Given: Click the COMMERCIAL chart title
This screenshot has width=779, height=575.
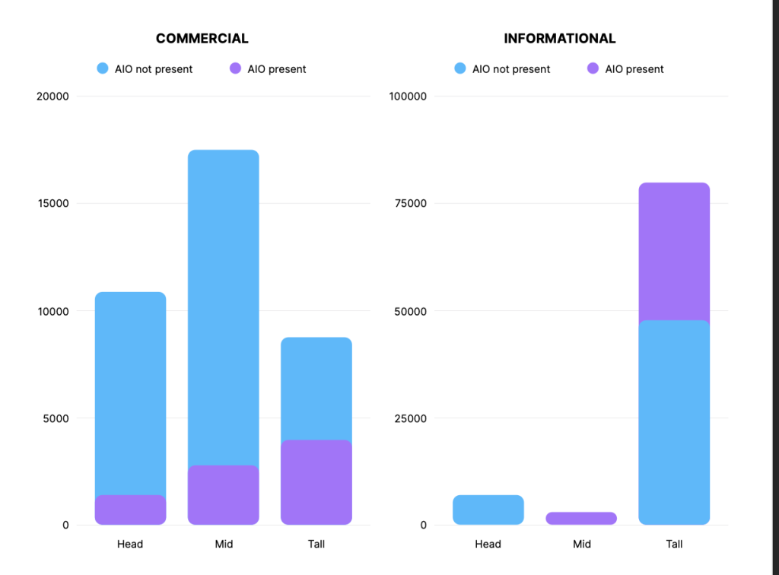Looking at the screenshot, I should (202, 39).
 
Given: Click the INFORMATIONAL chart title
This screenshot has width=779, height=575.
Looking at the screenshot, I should (559, 39).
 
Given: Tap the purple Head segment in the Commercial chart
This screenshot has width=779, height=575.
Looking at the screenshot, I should (130, 510).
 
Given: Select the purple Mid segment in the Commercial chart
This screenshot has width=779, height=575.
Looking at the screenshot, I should (224, 494).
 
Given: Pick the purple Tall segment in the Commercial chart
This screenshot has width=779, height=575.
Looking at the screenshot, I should (316, 482).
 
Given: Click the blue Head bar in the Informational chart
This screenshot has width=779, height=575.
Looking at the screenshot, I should (488, 510).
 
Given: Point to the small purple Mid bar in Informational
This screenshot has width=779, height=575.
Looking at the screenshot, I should (581, 518).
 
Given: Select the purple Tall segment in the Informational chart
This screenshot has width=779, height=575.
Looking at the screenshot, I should (674, 251).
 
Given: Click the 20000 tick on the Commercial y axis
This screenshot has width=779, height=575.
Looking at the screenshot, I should (53, 97).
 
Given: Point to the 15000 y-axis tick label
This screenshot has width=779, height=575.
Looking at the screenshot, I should (53, 204).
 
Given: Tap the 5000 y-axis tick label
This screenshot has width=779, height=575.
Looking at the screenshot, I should (56, 418).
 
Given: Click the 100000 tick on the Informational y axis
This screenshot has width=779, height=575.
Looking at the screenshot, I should (409, 97).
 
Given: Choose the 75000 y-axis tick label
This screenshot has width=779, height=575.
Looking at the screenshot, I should (411, 204).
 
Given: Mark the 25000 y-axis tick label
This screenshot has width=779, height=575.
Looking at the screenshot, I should (411, 418).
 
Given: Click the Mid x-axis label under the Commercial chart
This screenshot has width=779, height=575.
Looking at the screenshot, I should (224, 544).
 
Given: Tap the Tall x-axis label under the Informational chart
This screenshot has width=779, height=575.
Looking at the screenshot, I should (674, 544).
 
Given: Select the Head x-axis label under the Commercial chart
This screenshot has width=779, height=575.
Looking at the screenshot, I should (130, 544).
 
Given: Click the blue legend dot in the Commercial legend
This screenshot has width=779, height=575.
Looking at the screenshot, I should (103, 68).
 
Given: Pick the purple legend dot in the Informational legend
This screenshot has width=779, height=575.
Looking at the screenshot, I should (593, 68).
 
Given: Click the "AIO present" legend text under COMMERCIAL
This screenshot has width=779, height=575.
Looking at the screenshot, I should (277, 69).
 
